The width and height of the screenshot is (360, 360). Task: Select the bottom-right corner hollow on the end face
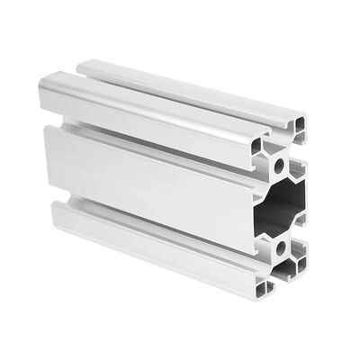[301, 290]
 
